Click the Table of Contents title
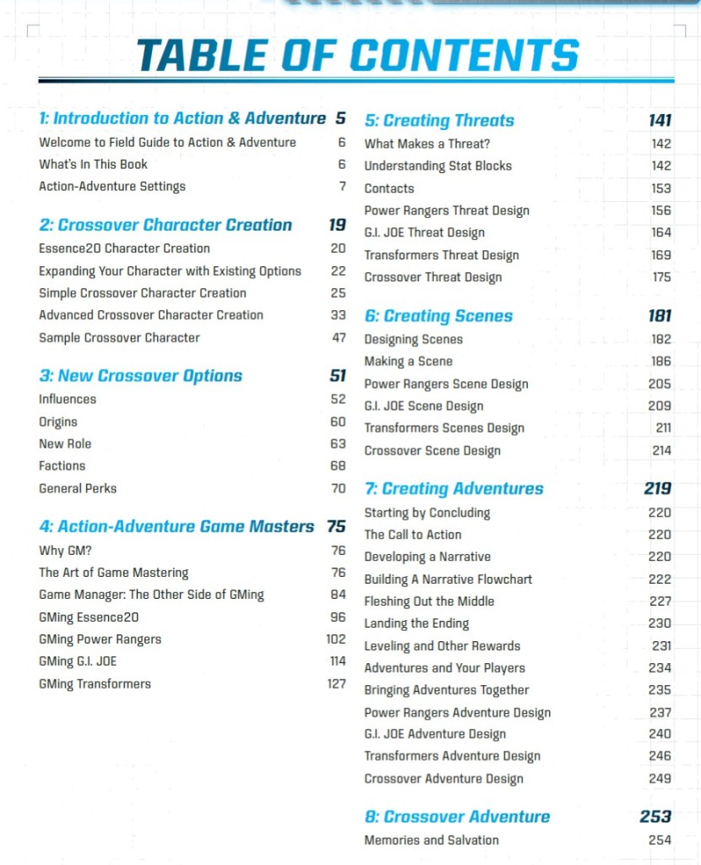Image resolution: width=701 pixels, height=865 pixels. point(357,55)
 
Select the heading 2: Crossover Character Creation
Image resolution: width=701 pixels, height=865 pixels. point(166,226)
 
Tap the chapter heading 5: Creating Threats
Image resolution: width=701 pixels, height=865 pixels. point(439,121)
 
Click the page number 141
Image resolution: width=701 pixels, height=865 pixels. point(660,121)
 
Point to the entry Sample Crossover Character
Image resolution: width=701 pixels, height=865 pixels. point(119,338)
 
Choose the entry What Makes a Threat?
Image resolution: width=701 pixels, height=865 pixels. point(427,144)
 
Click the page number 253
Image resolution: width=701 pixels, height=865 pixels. point(655,817)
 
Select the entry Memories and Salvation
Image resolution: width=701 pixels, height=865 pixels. point(431,840)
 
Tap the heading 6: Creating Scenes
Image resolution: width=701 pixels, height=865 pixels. point(438,317)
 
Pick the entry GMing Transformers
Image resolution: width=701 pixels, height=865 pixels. point(95,683)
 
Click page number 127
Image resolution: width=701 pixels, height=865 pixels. point(336,683)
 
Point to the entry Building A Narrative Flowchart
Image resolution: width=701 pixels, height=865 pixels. point(448,579)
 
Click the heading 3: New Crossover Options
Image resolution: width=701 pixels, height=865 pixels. point(140,376)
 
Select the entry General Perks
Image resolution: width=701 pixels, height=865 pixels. point(78,488)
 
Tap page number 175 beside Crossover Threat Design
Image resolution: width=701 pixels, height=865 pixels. point(661,277)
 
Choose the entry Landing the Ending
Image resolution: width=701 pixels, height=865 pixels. point(416,623)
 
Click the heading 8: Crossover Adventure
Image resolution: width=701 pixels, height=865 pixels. point(457,817)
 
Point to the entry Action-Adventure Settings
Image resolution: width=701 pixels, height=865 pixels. point(112,187)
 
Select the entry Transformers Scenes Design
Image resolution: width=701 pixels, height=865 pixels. point(444,428)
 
